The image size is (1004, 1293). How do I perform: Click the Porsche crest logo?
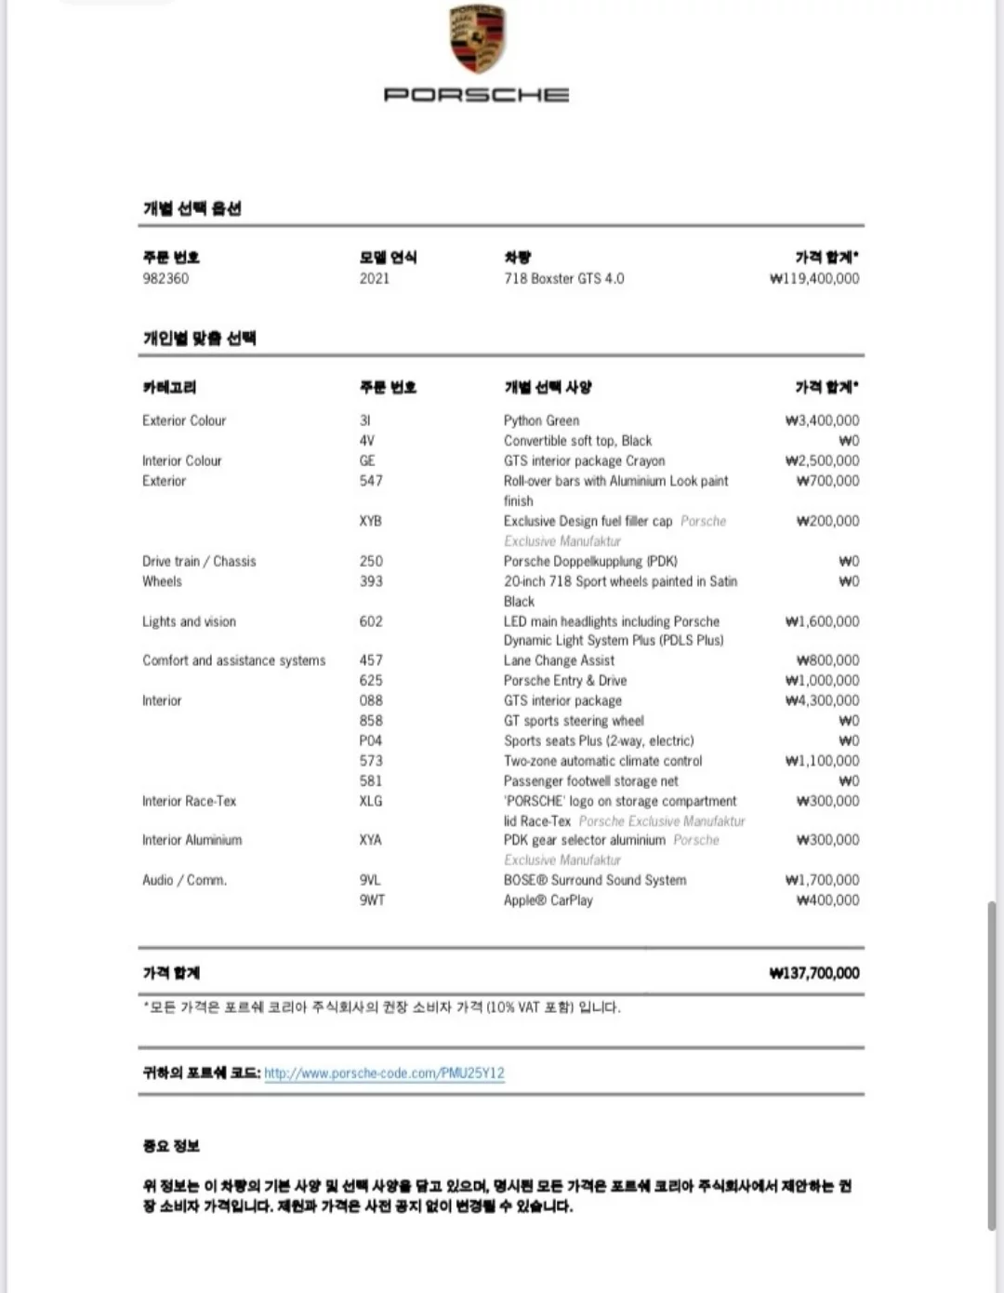tap(477, 39)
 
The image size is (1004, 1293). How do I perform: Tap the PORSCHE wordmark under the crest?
tap(477, 95)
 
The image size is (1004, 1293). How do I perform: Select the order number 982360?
tap(165, 278)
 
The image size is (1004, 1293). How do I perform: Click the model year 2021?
tap(375, 278)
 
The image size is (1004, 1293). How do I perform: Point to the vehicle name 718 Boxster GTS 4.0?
tap(564, 278)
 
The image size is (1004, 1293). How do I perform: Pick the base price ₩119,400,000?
tap(814, 278)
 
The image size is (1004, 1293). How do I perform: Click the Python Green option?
tap(541, 420)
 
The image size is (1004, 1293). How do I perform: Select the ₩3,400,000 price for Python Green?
tap(822, 420)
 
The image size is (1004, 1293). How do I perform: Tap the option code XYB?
tap(370, 521)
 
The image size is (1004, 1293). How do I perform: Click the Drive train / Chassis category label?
tap(199, 561)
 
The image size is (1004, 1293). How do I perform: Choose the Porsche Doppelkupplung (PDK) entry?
tap(590, 561)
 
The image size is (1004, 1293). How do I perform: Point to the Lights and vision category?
tap(189, 621)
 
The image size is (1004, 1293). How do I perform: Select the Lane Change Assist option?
tap(559, 660)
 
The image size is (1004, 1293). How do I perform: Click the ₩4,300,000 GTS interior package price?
tap(822, 700)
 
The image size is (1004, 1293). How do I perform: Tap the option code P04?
tap(370, 740)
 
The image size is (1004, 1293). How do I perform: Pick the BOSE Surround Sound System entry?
tap(595, 880)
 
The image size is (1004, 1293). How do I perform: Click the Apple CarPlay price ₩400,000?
tap(827, 900)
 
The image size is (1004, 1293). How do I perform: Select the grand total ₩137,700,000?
tap(814, 973)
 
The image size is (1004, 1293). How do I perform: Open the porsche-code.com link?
tap(384, 1073)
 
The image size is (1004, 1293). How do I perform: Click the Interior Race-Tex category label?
tap(189, 801)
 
